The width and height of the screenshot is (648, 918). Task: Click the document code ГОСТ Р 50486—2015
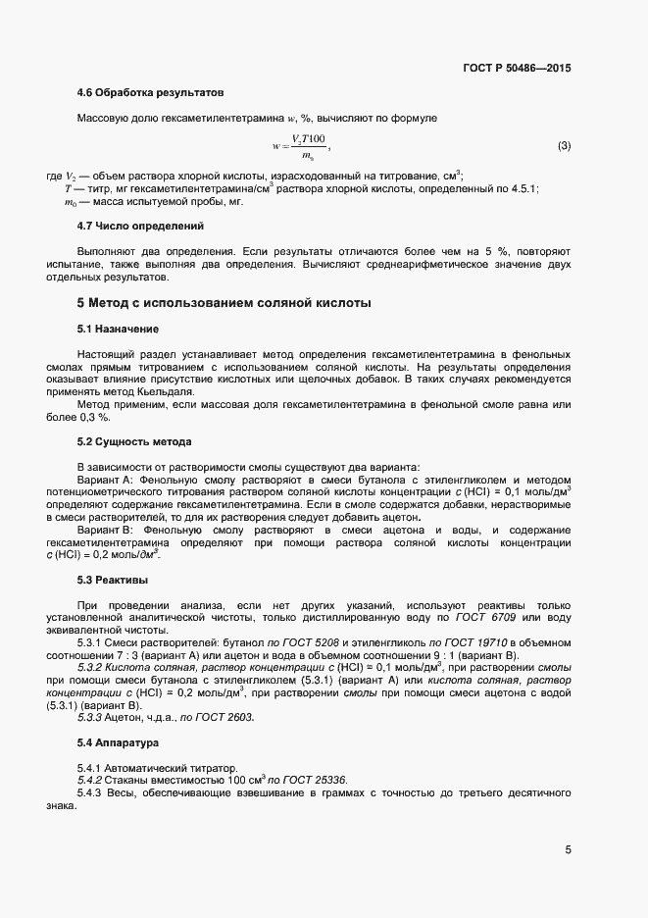click(516, 68)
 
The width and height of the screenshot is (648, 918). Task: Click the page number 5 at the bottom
click(568, 849)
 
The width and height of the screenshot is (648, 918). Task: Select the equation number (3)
click(564, 146)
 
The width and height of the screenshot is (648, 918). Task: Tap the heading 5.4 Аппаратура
click(118, 742)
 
